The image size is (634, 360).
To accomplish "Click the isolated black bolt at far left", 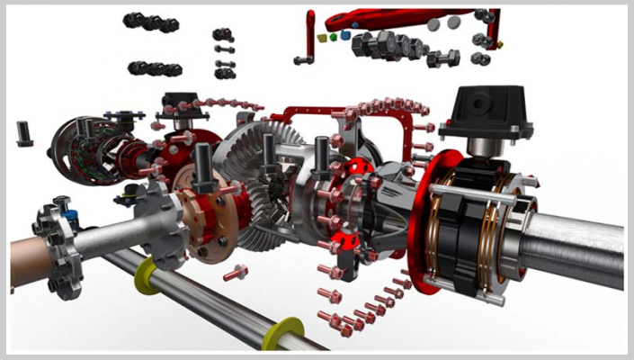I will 24,133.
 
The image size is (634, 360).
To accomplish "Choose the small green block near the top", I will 335,38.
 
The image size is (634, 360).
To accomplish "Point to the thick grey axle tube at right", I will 576,247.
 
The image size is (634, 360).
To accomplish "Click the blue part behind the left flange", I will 71,217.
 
